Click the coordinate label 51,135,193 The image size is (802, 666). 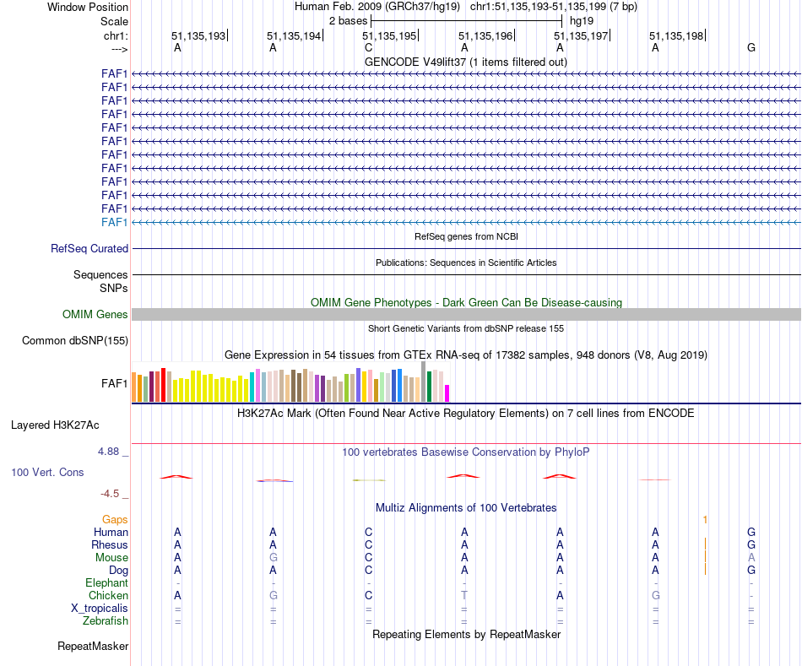[x=198, y=36]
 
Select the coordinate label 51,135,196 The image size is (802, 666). [x=485, y=36]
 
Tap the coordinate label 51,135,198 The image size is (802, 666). [x=676, y=36]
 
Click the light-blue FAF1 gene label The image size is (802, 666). [x=114, y=222]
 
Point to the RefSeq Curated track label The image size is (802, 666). [x=89, y=249]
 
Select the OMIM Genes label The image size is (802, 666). [x=95, y=315]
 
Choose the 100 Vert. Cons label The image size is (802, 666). [x=47, y=473]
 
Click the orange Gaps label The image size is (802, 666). [x=115, y=520]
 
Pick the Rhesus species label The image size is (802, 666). [x=110, y=545]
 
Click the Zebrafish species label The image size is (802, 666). [x=106, y=621]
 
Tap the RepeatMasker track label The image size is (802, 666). [x=93, y=647]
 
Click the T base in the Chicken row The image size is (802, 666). [x=464, y=596]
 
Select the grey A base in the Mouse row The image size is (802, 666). [x=751, y=558]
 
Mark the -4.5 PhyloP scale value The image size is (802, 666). [x=112, y=494]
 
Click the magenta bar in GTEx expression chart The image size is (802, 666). [x=447, y=393]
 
